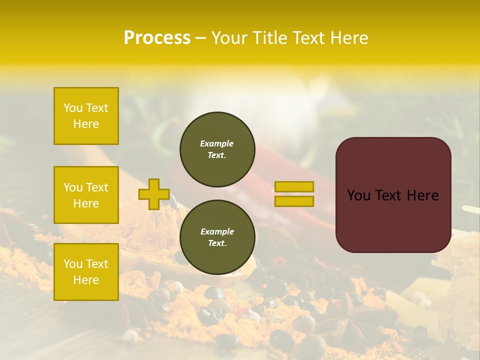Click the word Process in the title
tap(157, 38)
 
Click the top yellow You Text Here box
tap(86, 116)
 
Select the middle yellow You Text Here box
tap(86, 195)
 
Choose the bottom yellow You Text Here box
tap(86, 272)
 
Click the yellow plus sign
tap(154, 194)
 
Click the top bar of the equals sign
tap(294, 186)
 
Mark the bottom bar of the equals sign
tap(294, 201)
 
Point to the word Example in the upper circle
tap(217, 143)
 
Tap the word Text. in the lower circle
tap(217, 243)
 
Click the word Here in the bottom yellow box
tap(86, 280)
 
